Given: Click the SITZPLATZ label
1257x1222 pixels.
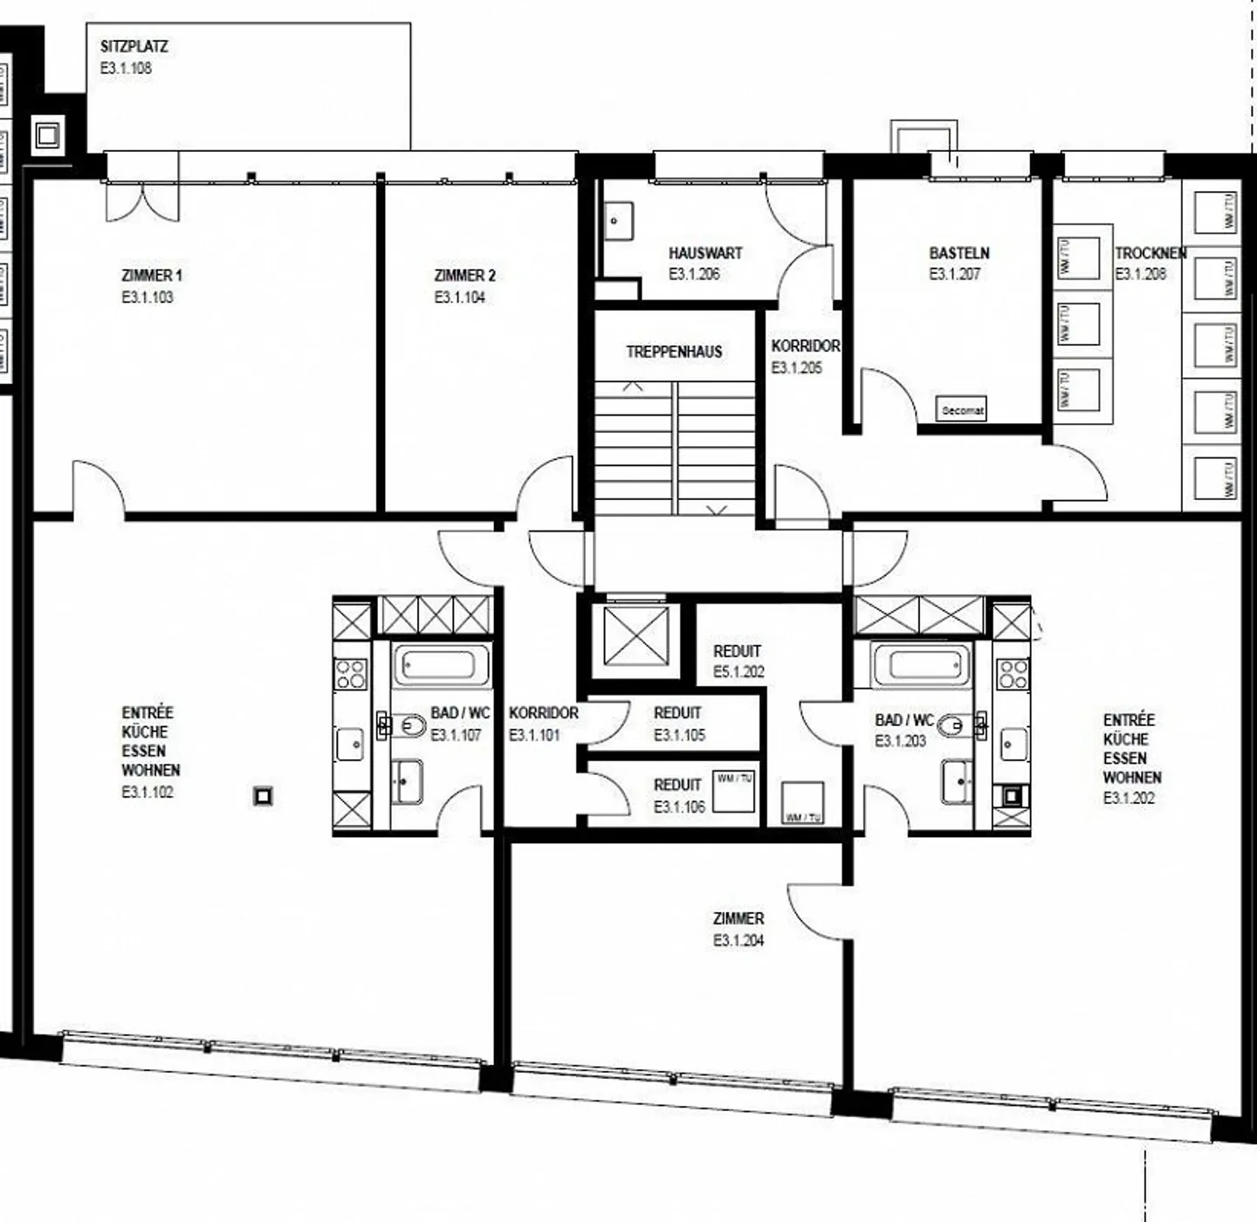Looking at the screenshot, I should (x=134, y=46).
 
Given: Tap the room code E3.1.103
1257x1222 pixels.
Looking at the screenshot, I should (x=148, y=298).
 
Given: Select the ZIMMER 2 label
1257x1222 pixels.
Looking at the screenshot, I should (x=464, y=276).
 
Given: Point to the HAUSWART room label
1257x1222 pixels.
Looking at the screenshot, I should (x=705, y=253).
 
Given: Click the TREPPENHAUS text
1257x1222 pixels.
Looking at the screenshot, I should (x=674, y=352).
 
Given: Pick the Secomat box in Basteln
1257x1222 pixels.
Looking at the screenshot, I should (x=962, y=409).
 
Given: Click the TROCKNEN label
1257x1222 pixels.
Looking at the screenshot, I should (x=1150, y=253).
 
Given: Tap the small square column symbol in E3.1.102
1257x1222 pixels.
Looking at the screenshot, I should (x=263, y=796).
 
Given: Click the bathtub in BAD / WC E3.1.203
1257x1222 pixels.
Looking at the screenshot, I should (x=920, y=666).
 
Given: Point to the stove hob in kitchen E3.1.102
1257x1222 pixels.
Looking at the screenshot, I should (x=351, y=674).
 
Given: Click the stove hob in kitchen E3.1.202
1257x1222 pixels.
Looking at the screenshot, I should (x=1013, y=674).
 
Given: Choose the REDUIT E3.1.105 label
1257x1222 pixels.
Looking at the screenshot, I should (x=678, y=713).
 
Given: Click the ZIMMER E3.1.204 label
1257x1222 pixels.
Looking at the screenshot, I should (x=738, y=919).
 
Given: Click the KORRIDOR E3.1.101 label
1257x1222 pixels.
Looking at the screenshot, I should (x=543, y=713).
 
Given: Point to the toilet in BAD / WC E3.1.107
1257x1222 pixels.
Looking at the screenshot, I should (x=409, y=725).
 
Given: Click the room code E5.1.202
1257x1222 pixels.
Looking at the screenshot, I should (x=738, y=672).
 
